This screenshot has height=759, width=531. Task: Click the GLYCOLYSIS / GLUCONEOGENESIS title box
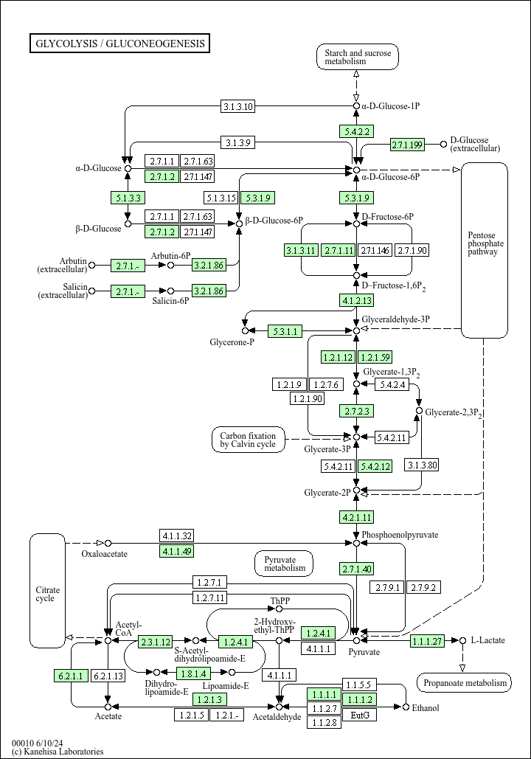(119, 44)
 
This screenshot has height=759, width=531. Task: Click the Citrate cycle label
(47, 594)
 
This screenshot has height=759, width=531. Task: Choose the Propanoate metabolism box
(464, 683)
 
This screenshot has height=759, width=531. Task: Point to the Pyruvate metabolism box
(285, 564)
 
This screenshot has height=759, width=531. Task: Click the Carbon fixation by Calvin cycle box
(248, 440)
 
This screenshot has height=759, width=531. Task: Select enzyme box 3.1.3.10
(238, 106)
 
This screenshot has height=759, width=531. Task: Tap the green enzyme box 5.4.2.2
(356, 131)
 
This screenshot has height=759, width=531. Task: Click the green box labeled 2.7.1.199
(407, 145)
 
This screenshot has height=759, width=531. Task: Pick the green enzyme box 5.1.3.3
(128, 198)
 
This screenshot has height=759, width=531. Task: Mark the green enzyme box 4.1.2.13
(356, 300)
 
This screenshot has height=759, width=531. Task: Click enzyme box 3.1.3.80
(422, 465)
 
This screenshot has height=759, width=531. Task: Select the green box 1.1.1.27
(428, 641)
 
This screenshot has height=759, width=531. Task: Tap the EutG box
(359, 715)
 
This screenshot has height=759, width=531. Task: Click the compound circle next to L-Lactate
(462, 640)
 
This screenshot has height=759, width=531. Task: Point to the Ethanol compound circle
(406, 707)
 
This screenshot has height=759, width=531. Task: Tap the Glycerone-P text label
(232, 343)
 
